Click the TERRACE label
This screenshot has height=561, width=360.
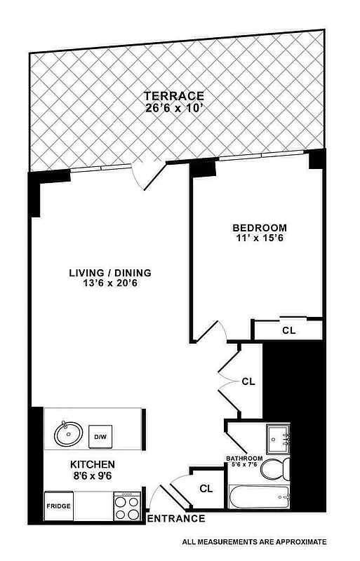173,96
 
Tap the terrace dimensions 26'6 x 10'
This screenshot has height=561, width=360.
173,108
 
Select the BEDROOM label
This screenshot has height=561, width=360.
260,228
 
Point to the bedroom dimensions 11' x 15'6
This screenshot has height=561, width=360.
260,238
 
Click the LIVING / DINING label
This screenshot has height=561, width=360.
110,273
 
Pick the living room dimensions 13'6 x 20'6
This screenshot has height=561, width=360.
110,283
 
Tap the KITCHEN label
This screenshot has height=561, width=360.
93,465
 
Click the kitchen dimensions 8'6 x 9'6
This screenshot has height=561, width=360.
93,475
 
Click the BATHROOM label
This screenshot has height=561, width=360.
244,459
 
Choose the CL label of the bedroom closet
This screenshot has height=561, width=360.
288,330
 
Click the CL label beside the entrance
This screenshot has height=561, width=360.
206,488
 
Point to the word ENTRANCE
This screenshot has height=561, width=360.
176,519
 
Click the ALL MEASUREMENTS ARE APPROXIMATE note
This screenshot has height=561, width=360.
254,542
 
